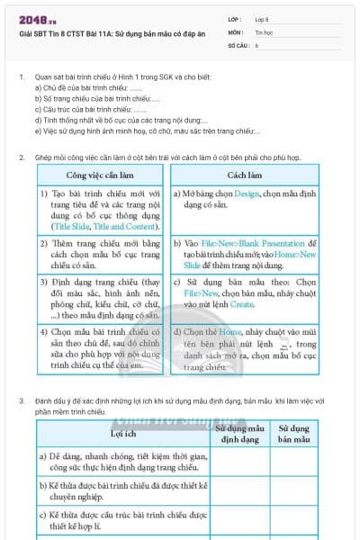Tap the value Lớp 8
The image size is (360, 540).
click(x=262, y=19)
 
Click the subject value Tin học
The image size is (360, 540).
click(x=264, y=31)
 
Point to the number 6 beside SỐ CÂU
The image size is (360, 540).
click(x=256, y=44)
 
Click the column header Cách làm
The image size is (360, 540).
click(x=245, y=175)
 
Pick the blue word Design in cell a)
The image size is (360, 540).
click(x=246, y=193)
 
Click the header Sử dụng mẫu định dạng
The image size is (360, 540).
click(x=240, y=434)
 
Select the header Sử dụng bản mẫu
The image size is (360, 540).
click(x=294, y=434)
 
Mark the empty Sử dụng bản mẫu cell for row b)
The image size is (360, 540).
click(x=294, y=491)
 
